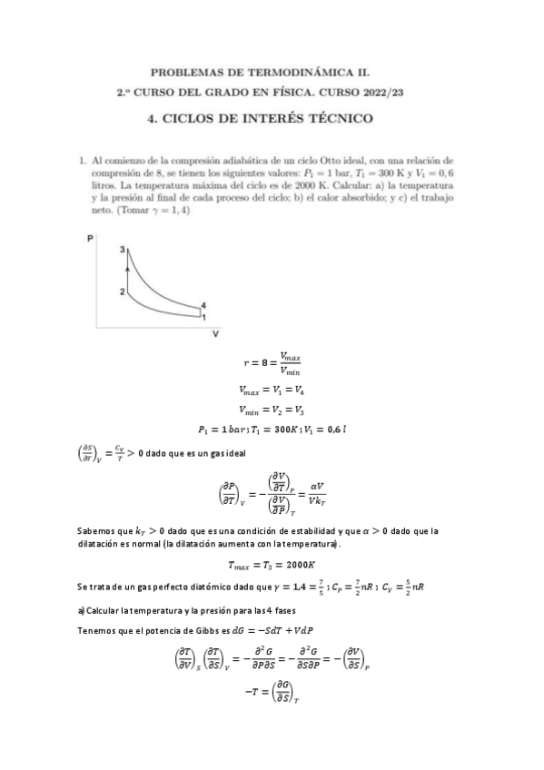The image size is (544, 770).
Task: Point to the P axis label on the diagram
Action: (90, 238)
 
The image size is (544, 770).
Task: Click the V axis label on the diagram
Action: (215, 333)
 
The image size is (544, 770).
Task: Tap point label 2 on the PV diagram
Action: (120, 291)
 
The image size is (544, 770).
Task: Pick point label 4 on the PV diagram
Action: (203, 304)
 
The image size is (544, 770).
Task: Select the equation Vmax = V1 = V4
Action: (272, 389)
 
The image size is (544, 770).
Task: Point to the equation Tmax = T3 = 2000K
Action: (272, 562)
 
